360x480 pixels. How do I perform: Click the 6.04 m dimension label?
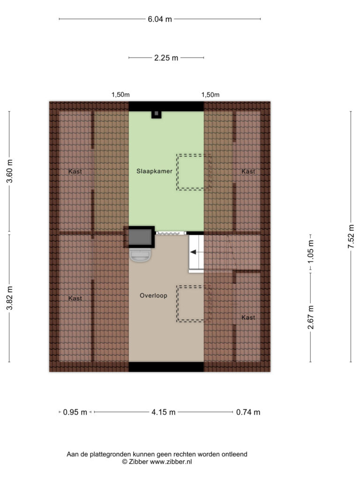click(x=160, y=19)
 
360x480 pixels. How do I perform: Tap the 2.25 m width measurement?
click(x=166, y=58)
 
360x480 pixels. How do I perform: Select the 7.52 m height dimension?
click(x=351, y=236)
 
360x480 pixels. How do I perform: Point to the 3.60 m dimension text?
click(x=9, y=171)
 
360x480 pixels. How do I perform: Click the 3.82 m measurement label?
click(x=9, y=298)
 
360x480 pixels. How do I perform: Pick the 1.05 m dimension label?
click(x=311, y=251)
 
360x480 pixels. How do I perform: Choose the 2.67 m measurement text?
click(x=311, y=317)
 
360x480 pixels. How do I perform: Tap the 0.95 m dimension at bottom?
click(x=75, y=412)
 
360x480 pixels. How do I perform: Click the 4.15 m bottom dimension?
click(x=164, y=412)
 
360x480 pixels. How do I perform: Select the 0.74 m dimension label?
click(x=248, y=412)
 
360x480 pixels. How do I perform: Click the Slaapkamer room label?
click(x=154, y=171)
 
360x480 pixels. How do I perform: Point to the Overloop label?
click(x=153, y=295)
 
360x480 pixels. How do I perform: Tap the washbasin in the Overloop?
click(x=140, y=255)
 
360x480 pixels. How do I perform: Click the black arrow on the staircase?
click(x=194, y=252)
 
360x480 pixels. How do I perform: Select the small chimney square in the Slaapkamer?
click(x=156, y=114)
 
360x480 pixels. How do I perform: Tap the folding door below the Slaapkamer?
click(x=171, y=233)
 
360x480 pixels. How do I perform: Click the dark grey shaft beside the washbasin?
click(x=140, y=237)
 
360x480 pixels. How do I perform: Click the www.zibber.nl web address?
click(x=171, y=462)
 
